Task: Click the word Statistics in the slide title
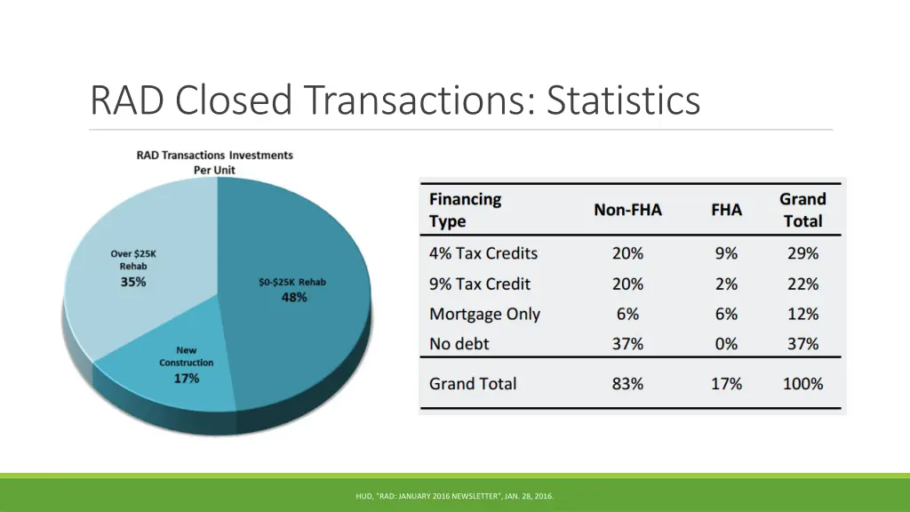pyautogui.click(x=623, y=100)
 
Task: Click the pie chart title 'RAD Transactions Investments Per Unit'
pyautogui.click(x=214, y=162)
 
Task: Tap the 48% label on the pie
pyautogui.click(x=293, y=298)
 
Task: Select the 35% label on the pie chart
pyautogui.click(x=133, y=283)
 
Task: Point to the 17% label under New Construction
pyautogui.click(x=186, y=378)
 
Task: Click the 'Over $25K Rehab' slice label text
pyautogui.click(x=133, y=260)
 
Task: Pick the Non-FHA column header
pyautogui.click(x=627, y=210)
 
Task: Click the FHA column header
pyautogui.click(x=726, y=210)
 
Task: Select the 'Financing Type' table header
pyautogui.click(x=465, y=210)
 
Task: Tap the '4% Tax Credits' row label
pyautogui.click(x=483, y=253)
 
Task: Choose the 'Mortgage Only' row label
pyautogui.click(x=484, y=314)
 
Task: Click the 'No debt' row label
pyautogui.click(x=459, y=343)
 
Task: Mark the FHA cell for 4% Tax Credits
pyautogui.click(x=726, y=253)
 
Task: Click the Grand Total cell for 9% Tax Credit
pyautogui.click(x=802, y=284)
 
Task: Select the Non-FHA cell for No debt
pyautogui.click(x=627, y=343)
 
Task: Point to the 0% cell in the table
pyautogui.click(x=726, y=343)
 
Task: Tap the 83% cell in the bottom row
pyautogui.click(x=627, y=384)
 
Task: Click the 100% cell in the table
pyautogui.click(x=802, y=384)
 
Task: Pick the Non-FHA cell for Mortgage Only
pyautogui.click(x=627, y=314)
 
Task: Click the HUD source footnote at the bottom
pyautogui.click(x=454, y=496)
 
